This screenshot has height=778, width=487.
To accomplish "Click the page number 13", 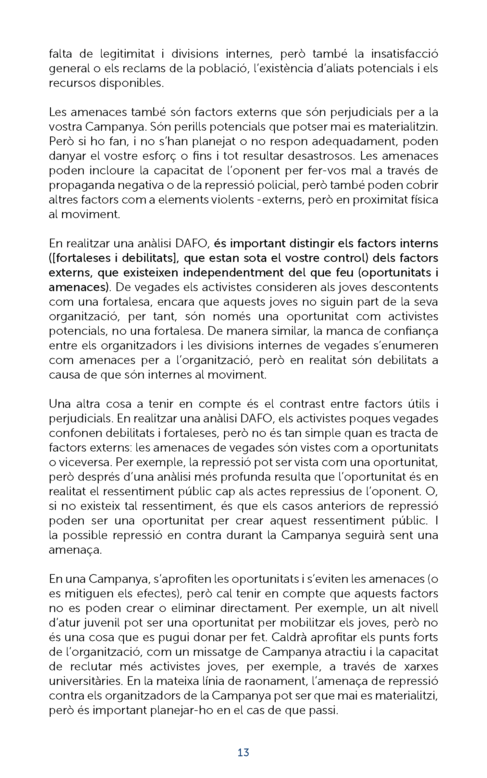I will [x=243, y=752].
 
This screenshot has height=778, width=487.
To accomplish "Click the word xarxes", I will [x=421, y=666].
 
